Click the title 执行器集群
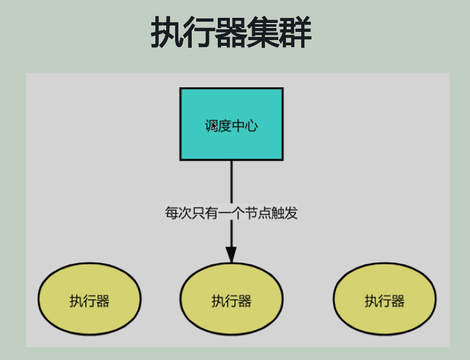tap(231, 33)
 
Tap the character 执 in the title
tap(167, 33)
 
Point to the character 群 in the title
tap(296, 33)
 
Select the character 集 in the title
tap(263, 33)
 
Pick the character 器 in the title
tap(231, 33)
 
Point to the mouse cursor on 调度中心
tap(215, 127)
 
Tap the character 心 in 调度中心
tap(252, 126)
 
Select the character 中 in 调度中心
tap(238, 126)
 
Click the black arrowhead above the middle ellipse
tap(231, 253)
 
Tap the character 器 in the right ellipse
tap(398, 301)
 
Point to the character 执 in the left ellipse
tap(76, 301)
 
